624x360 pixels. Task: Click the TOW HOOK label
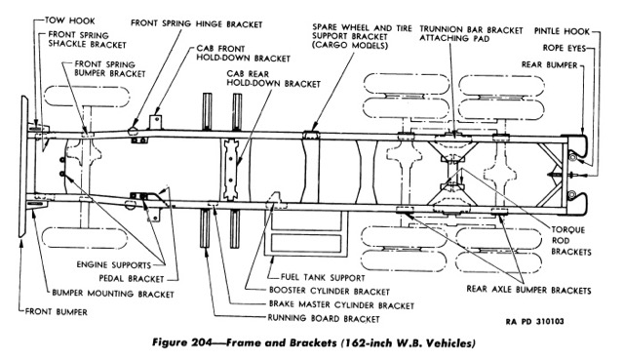point(69,20)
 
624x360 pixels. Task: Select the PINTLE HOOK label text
point(562,31)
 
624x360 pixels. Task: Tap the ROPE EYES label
point(565,48)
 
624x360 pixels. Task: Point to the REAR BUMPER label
point(549,65)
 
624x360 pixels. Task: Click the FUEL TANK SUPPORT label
point(323,277)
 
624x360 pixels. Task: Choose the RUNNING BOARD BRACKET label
point(324,319)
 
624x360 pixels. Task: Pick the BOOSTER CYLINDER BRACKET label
point(330,291)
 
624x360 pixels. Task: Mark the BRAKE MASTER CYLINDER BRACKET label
point(341,305)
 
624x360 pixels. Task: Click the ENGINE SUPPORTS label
point(114,264)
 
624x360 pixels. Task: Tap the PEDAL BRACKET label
point(132,278)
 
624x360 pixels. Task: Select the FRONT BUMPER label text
point(57,312)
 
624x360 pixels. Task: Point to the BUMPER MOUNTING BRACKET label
point(113,294)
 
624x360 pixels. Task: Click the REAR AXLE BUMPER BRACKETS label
point(528,290)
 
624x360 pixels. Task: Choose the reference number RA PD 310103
point(535,321)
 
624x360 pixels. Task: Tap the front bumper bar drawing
point(23,167)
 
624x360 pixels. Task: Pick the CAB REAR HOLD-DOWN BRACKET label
point(273,79)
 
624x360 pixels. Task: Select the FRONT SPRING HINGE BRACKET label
point(197,23)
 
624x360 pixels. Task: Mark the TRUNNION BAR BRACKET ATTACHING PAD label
point(471,34)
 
